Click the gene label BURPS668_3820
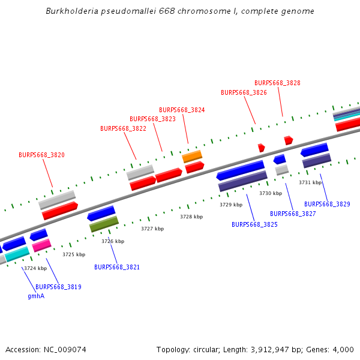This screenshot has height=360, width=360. (x=41, y=155)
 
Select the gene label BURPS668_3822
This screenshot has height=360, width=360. (x=123, y=128)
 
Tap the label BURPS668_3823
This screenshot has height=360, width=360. (x=152, y=119)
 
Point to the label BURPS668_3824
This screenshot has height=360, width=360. (x=182, y=110)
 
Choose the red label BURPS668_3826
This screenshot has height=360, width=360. (x=244, y=92)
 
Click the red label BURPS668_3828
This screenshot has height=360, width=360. (x=277, y=83)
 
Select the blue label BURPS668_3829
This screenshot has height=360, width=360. (x=327, y=204)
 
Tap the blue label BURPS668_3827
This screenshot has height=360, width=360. (x=293, y=213)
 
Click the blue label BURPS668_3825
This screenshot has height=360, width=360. (x=254, y=224)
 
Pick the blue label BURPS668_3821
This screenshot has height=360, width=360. (x=117, y=267)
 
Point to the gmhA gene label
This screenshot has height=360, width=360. (x=36, y=296)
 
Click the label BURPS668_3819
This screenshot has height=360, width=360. (x=58, y=287)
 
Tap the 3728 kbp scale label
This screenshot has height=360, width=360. (x=191, y=217)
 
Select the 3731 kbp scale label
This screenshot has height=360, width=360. (x=310, y=182)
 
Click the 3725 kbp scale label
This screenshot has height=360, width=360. (x=74, y=254)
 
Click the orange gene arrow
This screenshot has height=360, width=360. (x=192, y=157)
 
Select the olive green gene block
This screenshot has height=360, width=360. (x=104, y=224)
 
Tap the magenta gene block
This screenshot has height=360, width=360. (x=41, y=245)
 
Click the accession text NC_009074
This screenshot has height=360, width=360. (x=64, y=349)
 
